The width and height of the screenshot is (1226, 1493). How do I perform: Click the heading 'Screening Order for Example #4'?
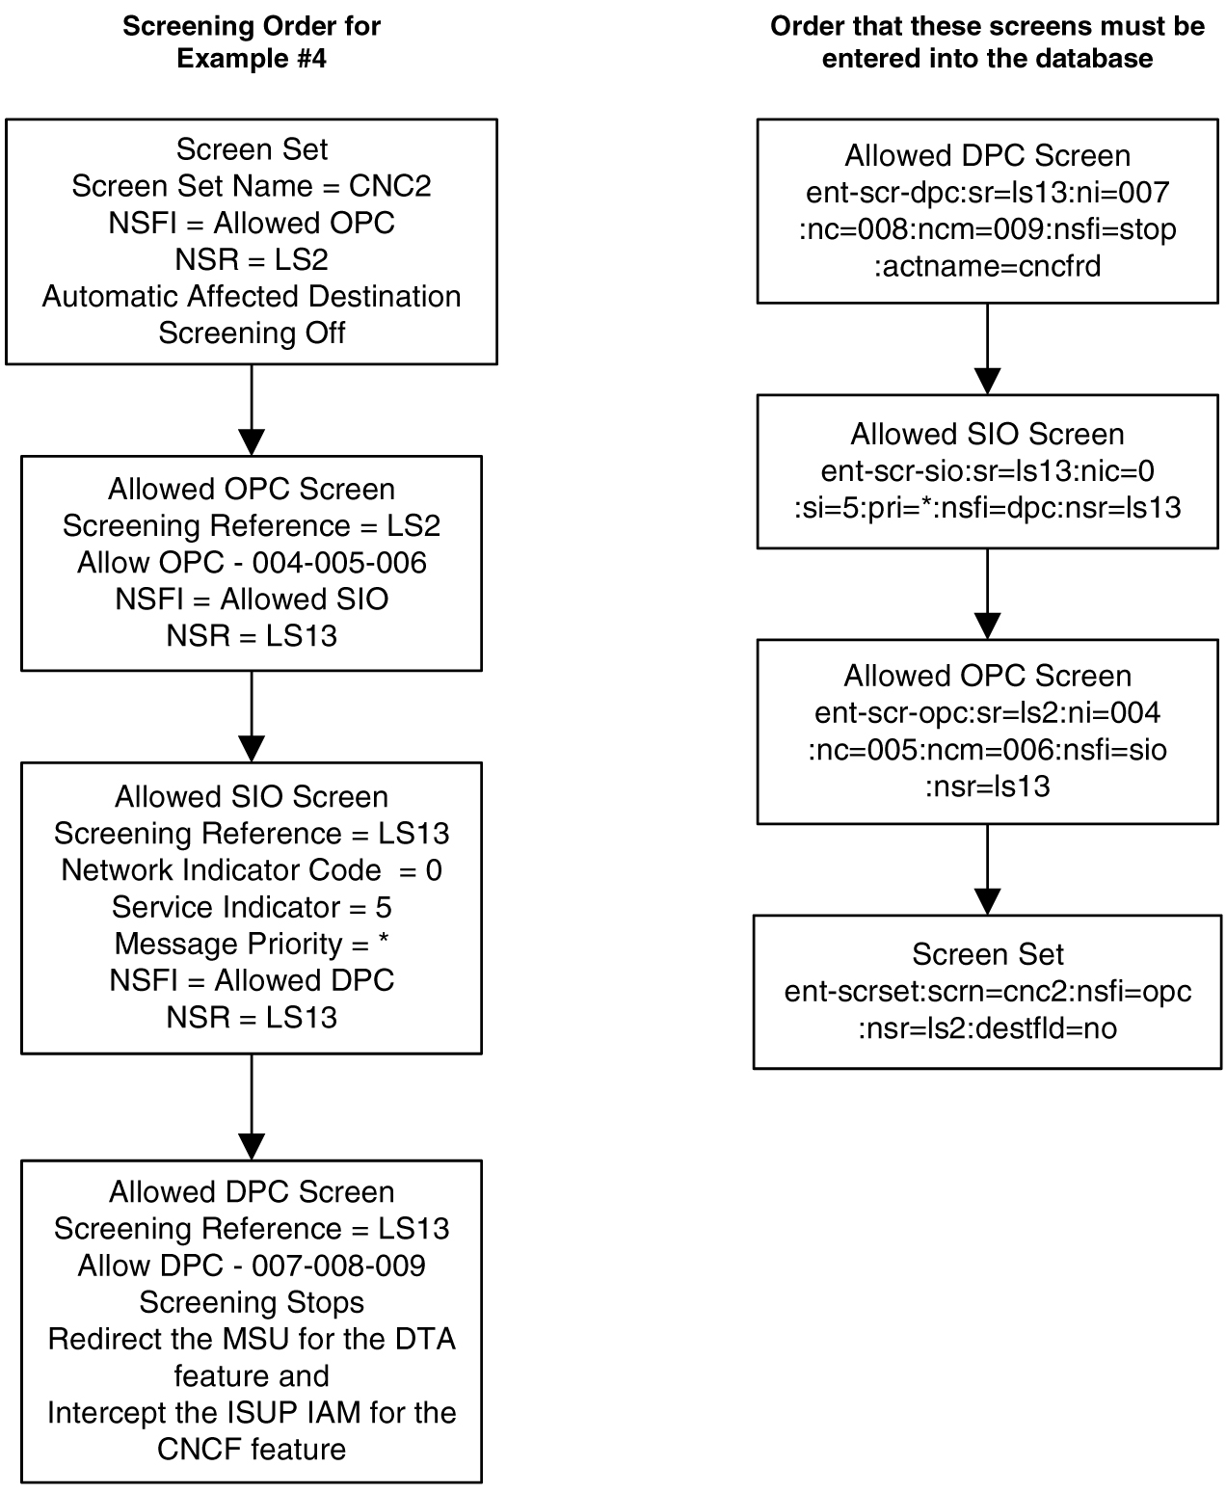pyautogui.click(x=252, y=42)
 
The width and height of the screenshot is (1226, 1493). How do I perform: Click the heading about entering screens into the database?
pyautogui.click(x=987, y=42)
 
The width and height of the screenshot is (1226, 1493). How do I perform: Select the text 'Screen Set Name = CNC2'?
pyautogui.click(x=252, y=186)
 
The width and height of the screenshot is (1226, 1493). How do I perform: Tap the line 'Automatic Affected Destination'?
pyautogui.click(x=252, y=296)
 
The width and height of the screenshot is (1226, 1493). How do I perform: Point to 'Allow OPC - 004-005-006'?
pyautogui.click(x=252, y=562)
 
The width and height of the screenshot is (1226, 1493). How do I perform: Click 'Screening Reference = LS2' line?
pyautogui.click(x=252, y=525)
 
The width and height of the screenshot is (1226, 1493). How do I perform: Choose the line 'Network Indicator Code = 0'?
pyautogui.click(x=252, y=870)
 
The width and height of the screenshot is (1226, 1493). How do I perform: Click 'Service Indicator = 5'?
pyautogui.click(x=252, y=907)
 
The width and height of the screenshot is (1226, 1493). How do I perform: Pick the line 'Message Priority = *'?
pyautogui.click(x=252, y=944)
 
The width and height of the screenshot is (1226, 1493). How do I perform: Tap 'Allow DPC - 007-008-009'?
pyautogui.click(x=252, y=1266)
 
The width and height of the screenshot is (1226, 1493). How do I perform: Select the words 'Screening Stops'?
pyautogui.click(x=252, y=1302)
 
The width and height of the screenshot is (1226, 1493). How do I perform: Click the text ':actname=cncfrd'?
pyautogui.click(x=987, y=266)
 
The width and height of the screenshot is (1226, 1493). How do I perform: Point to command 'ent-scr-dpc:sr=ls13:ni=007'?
pyautogui.click(x=987, y=193)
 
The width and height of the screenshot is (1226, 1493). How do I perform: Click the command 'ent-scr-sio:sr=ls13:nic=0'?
pyautogui.click(x=987, y=471)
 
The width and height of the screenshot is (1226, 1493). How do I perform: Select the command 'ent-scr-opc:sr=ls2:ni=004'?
pyautogui.click(x=987, y=712)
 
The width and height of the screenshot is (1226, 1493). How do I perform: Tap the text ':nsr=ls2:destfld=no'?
pyautogui.click(x=987, y=1028)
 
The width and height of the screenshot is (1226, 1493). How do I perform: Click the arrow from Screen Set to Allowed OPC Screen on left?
pyautogui.click(x=252, y=410)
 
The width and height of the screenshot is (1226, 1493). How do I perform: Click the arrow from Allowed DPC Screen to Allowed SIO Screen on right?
pyautogui.click(x=987, y=349)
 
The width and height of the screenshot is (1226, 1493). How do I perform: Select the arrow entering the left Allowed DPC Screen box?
pyautogui.click(x=252, y=1106)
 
